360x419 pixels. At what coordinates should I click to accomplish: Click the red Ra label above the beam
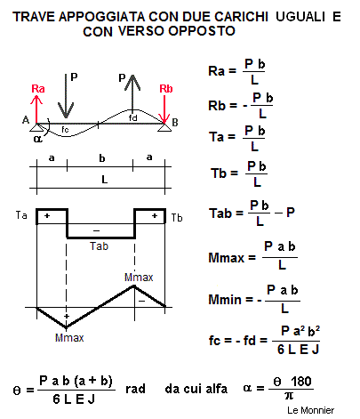[38, 89]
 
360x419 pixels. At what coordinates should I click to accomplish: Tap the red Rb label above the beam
[166, 89]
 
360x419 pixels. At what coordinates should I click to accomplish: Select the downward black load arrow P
[66, 96]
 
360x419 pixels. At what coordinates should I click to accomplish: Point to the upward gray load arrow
[132, 93]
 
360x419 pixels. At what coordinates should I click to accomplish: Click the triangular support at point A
[36, 127]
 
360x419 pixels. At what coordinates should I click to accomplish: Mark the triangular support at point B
[164, 127]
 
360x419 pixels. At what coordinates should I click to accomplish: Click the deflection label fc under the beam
[65, 130]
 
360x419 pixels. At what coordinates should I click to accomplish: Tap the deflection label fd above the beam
[133, 118]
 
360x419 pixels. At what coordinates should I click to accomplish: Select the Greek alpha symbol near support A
[37, 139]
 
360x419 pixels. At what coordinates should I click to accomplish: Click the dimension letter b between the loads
[102, 158]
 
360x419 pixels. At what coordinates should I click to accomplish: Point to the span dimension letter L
[104, 180]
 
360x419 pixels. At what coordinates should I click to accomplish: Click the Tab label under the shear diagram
[100, 246]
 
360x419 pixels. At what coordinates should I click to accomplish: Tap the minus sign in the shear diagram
[96, 230]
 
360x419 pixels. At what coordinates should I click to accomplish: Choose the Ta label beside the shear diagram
[21, 215]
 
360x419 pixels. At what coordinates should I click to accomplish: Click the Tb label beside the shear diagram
[177, 218]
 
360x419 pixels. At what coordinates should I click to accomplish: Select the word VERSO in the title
[141, 31]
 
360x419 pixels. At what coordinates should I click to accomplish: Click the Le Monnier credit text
[310, 410]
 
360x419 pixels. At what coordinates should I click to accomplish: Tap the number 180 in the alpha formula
[300, 381]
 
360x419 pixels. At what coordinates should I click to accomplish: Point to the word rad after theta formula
[135, 389]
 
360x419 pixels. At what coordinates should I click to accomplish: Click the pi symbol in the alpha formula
[289, 396]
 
